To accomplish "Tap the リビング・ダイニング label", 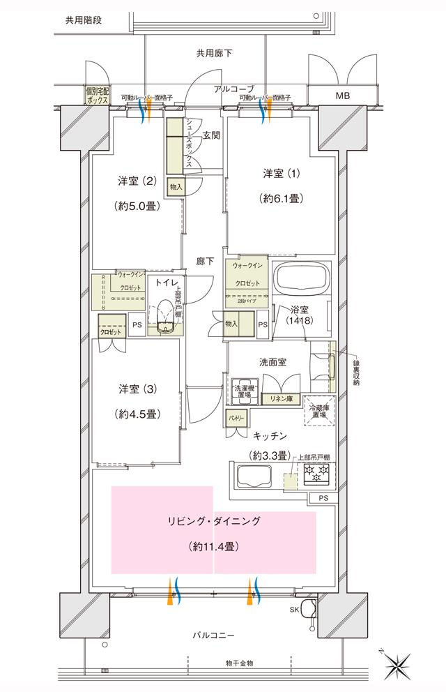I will (213, 522).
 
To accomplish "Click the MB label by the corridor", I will (344, 96).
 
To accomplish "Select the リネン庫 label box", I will (281, 399).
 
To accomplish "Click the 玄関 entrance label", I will (211, 137).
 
